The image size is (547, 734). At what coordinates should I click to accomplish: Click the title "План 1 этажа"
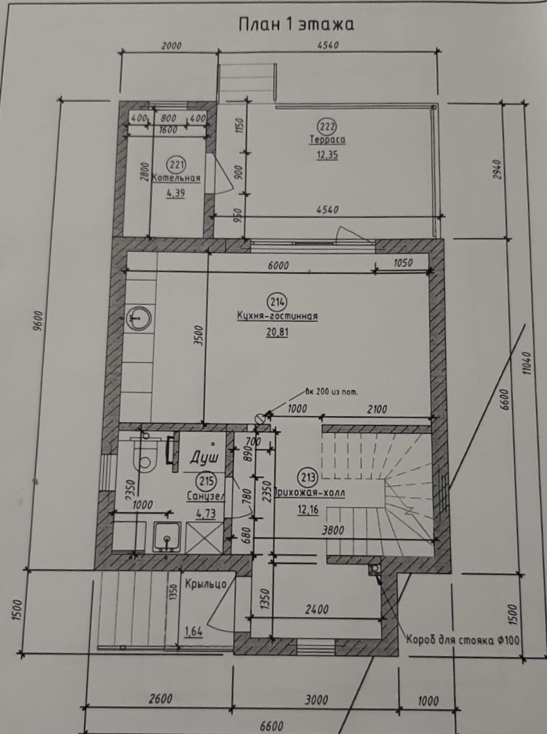296,24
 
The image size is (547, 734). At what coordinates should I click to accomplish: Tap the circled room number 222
327,127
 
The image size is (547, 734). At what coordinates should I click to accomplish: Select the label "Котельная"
177,178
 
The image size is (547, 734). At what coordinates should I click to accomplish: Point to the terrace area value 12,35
327,155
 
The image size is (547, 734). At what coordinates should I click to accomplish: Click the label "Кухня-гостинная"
277,317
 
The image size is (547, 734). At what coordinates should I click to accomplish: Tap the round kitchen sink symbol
138,318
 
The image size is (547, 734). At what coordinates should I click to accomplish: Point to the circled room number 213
308,477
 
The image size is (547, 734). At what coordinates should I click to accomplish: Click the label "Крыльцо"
206,584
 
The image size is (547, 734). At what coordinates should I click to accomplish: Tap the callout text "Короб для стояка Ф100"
463,640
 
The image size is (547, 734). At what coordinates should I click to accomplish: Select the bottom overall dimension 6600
271,726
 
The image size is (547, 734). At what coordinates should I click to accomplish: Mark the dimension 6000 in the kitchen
278,265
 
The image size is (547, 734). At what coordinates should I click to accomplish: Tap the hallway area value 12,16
308,509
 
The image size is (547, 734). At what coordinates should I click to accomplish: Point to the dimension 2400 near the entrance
317,609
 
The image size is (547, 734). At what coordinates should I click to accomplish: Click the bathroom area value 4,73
206,513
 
